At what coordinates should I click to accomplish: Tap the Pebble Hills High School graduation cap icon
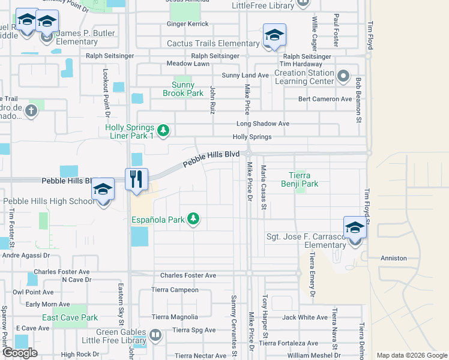pyautogui.click(x=103, y=190)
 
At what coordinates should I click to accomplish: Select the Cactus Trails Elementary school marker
pyautogui.click(x=274, y=35)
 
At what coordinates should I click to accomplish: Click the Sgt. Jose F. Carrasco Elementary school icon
pyautogui.click(x=355, y=228)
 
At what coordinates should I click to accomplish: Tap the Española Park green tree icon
pyautogui.click(x=193, y=219)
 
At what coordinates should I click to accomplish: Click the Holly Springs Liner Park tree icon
pyautogui.click(x=163, y=130)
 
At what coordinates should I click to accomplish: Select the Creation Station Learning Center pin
pyautogui.click(x=343, y=76)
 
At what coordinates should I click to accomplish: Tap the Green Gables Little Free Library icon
pyautogui.click(x=155, y=335)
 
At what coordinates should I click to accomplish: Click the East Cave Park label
pyautogui.click(x=70, y=317)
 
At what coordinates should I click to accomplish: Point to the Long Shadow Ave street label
pyautogui.click(x=263, y=124)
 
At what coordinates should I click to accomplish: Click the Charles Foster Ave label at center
pyautogui.click(x=188, y=275)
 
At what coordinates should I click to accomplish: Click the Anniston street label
pyautogui.click(x=394, y=258)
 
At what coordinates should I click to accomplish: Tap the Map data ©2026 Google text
pyautogui.click(x=412, y=355)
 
